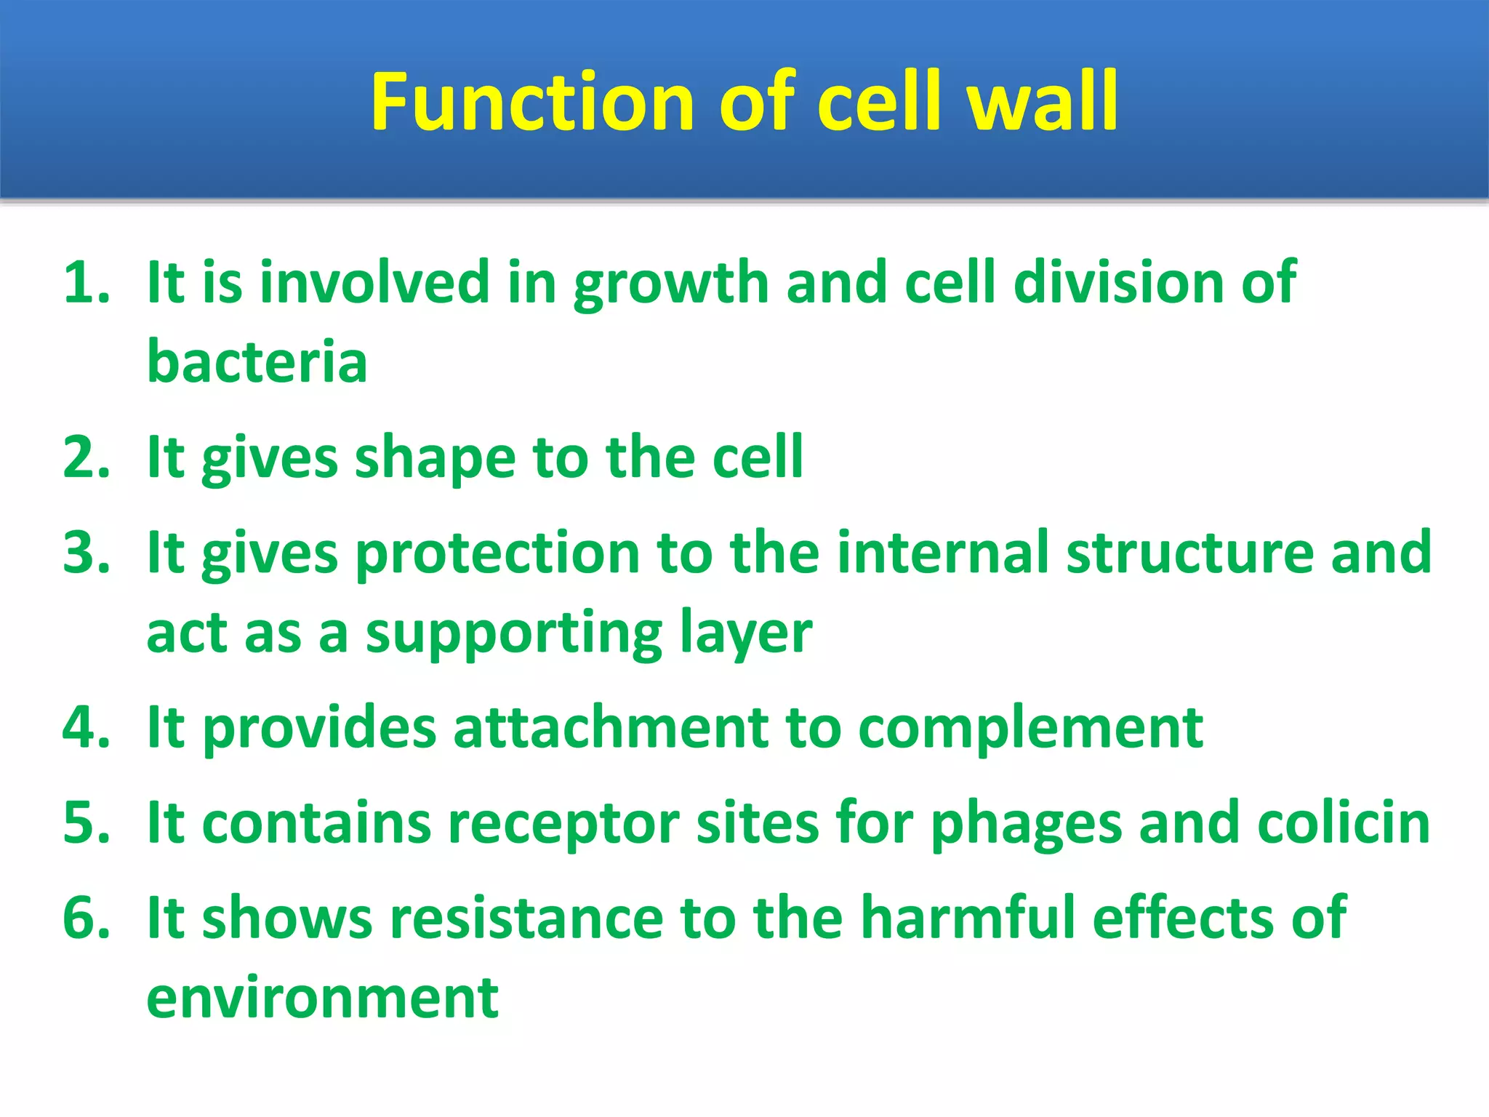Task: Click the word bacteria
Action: point(257,361)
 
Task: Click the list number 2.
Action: point(86,457)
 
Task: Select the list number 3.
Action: point(86,553)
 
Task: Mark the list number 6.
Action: point(86,918)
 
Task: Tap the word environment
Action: point(322,998)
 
